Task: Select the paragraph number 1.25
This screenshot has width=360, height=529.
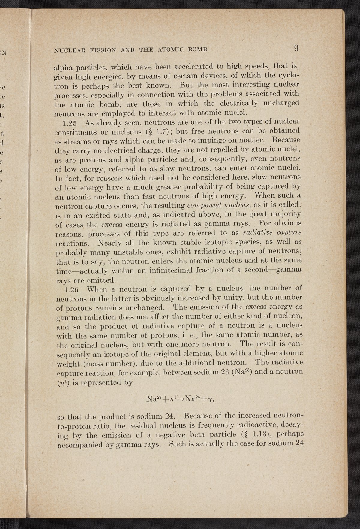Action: [73, 123]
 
